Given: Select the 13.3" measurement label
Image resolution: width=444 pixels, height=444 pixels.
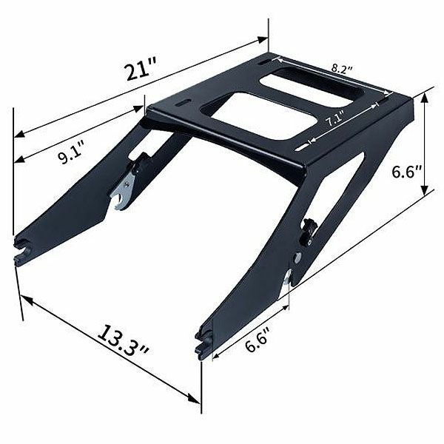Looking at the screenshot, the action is click(x=124, y=341).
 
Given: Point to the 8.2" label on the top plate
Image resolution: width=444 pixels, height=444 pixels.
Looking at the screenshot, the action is click(x=342, y=69).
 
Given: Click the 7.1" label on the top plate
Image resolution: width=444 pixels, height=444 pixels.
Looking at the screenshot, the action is click(x=335, y=119).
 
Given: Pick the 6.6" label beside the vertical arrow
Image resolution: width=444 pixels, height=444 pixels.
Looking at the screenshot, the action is click(x=406, y=172).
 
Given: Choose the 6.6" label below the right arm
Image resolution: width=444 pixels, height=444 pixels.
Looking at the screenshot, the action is click(x=257, y=339).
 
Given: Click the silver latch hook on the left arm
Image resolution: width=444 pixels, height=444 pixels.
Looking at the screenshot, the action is click(x=124, y=191).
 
